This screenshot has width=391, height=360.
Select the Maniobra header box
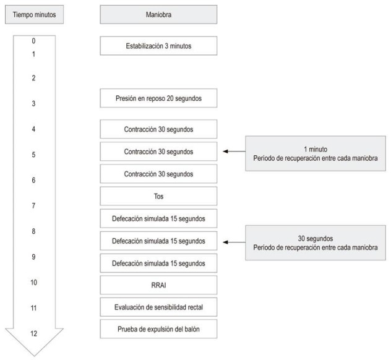coord(158,14)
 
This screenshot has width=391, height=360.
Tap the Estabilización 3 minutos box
coord(158,45)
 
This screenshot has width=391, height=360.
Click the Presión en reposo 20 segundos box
coord(158,97)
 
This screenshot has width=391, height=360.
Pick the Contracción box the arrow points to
coord(158,151)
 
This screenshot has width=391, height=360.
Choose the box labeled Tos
coord(158,195)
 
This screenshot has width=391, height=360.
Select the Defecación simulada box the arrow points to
coord(158,240)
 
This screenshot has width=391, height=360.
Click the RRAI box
coord(158,285)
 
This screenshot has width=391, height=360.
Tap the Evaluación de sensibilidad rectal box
coord(158,307)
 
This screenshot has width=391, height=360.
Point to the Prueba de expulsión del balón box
coord(158,329)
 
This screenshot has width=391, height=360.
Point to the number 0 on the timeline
coord(33,41)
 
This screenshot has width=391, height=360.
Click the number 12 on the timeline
coord(33,333)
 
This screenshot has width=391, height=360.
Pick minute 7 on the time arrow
coord(33,205)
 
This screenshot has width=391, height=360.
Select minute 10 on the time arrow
coord(33,282)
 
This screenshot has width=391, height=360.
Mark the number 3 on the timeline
coord(33,104)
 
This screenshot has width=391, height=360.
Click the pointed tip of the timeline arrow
coord(33,355)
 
